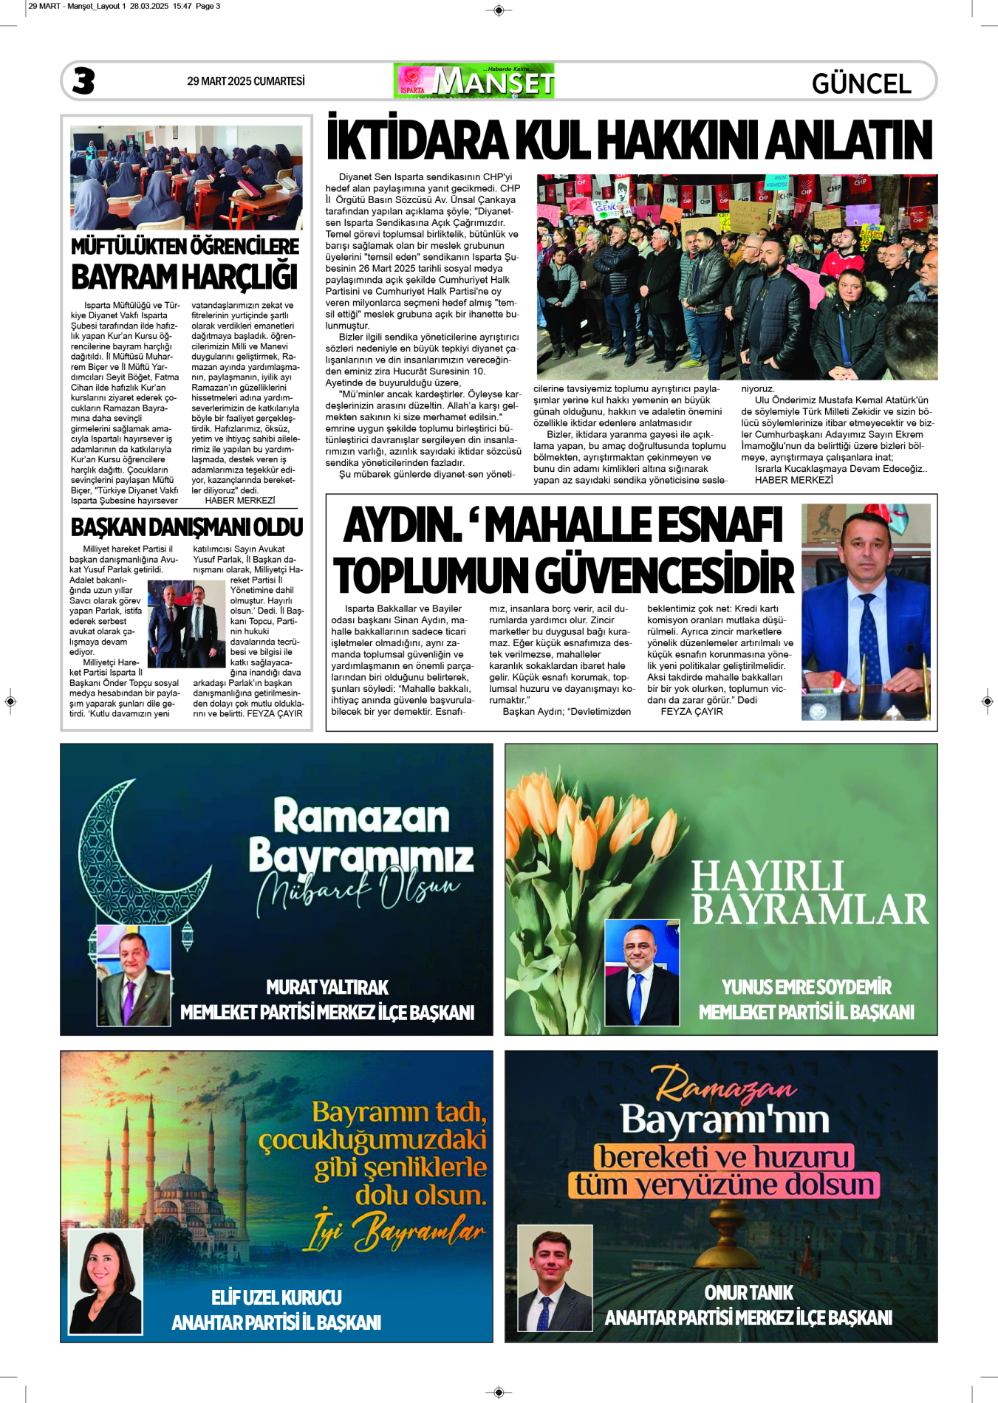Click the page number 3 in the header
(83, 80)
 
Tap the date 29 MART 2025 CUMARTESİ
(245, 81)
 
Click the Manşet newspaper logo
(474, 81)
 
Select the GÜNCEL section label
(861, 83)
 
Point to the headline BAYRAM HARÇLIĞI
(184, 278)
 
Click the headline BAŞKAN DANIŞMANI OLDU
(187, 527)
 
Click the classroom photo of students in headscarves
(186, 177)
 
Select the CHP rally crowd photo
(736, 277)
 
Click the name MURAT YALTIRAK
(327, 987)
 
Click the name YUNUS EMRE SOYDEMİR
(806, 987)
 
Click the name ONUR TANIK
(748, 1292)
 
